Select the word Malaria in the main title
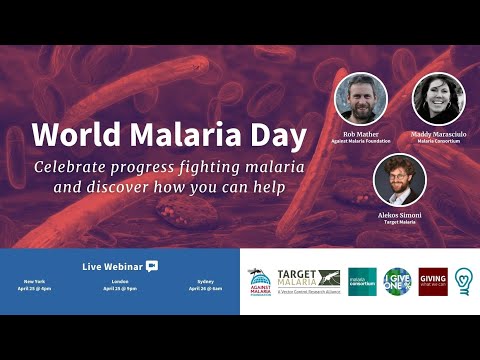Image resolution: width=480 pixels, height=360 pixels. point(172,134)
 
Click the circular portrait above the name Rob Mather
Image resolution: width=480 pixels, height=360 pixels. point(360,98)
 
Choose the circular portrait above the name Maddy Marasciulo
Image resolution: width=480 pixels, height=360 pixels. point(438,98)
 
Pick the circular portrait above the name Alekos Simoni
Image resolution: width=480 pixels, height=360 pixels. point(399,179)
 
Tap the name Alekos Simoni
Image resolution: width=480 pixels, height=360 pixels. point(399,214)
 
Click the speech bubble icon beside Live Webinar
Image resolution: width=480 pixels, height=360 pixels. point(152,266)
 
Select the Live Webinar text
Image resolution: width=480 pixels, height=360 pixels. point(112,266)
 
